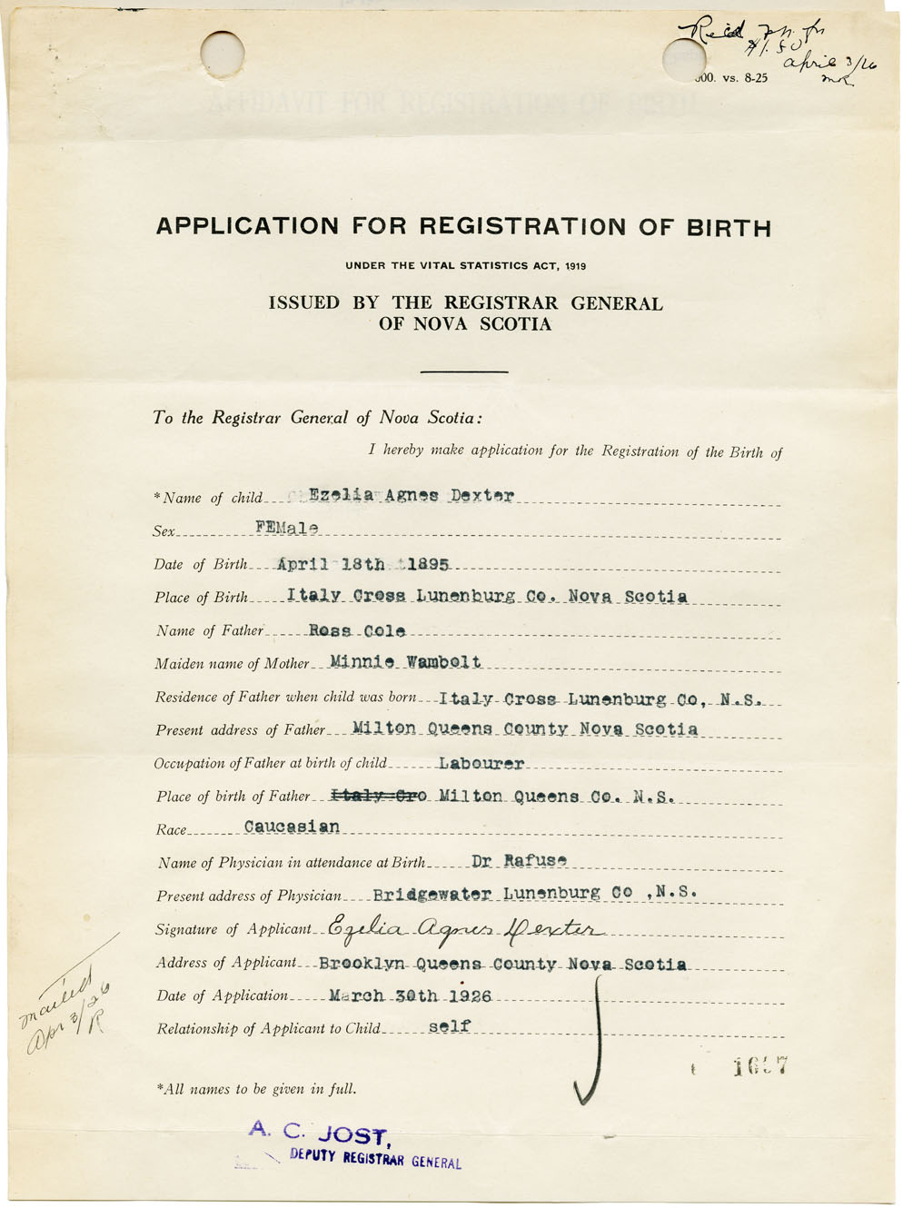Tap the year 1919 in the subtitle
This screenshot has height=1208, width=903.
tap(574, 266)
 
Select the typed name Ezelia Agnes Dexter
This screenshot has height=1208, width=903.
tap(412, 496)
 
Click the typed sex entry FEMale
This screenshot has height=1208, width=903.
tap(287, 528)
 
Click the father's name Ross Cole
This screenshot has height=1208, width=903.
tap(357, 630)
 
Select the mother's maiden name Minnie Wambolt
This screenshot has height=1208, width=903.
tap(406, 662)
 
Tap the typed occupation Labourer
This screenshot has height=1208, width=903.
tap(481, 764)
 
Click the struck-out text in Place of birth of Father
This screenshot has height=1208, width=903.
tap(379, 797)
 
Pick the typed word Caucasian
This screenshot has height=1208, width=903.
tap(292, 827)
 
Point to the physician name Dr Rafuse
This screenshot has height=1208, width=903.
tap(520, 860)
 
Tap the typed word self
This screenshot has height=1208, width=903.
tap(450, 1027)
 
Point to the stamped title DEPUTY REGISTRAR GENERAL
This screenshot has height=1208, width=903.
tap(375, 1159)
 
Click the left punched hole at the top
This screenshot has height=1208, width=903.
tap(223, 53)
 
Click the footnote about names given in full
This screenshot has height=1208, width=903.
tap(256, 1088)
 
